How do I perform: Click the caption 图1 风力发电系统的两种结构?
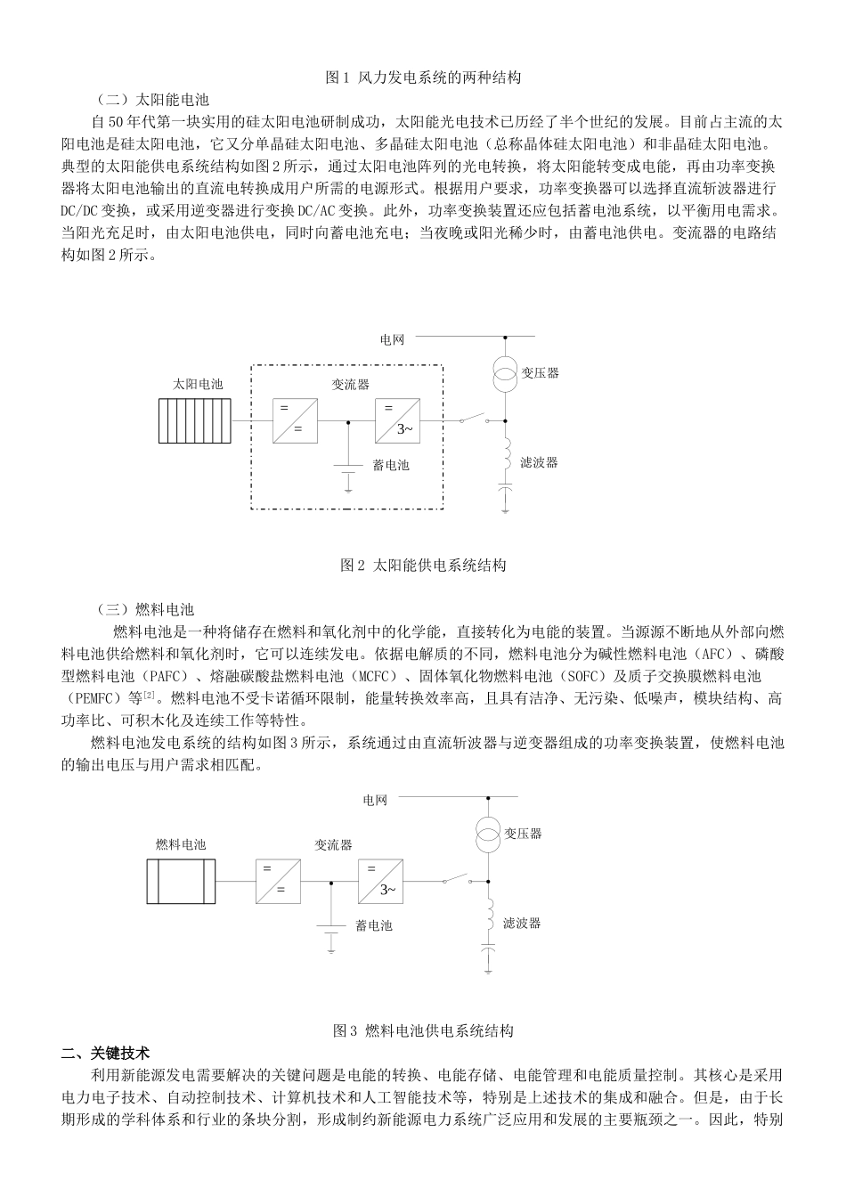coord(424,77)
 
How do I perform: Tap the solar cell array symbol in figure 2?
coord(196,420)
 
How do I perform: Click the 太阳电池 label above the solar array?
coord(198,384)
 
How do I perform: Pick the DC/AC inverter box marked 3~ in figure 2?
coord(397,420)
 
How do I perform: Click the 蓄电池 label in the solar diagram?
coord(390,465)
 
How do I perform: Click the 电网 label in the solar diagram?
coord(392,339)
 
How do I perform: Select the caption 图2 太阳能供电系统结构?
coord(424,565)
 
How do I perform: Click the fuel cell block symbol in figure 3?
coord(182,882)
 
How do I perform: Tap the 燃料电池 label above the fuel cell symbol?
coord(181,844)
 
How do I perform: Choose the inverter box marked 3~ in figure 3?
coord(380,882)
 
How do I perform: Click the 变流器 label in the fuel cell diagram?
coord(333,844)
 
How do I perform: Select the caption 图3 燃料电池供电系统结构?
coord(424,1030)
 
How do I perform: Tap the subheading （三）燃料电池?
coord(145,610)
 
